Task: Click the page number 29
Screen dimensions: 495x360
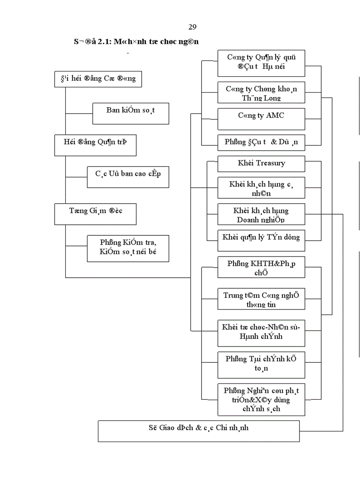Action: pyautogui.click(x=192, y=28)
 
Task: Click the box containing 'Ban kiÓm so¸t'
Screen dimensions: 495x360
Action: pyautogui.click(x=131, y=113)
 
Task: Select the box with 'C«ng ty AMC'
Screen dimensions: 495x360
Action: pyautogui.click(x=261, y=119)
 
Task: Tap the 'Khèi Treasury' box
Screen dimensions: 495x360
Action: pyautogui.click(x=261, y=164)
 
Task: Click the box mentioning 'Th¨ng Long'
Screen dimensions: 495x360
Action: pyautogui.click(x=261, y=93)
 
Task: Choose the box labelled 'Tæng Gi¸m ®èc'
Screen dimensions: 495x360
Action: pyautogui.click(x=95, y=214)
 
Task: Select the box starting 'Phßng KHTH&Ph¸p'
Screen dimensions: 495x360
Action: pyautogui.click(x=261, y=267)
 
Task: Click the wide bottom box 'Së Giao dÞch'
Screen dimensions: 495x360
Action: pyautogui.click(x=199, y=431)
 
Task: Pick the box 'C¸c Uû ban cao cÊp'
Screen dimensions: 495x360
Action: pyautogui.click(x=128, y=176)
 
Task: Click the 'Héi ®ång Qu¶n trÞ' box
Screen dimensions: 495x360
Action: pyautogui.click(x=95, y=145)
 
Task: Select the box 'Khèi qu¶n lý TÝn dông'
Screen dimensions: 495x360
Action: pyautogui.click(x=261, y=238)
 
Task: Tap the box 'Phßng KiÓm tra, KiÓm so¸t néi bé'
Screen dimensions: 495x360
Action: pyautogui.click(x=128, y=248)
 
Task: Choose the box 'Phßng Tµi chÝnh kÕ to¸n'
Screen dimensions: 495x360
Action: pyautogui.click(x=261, y=365)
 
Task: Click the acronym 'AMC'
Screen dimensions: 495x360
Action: pyautogui.click(x=275, y=115)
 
